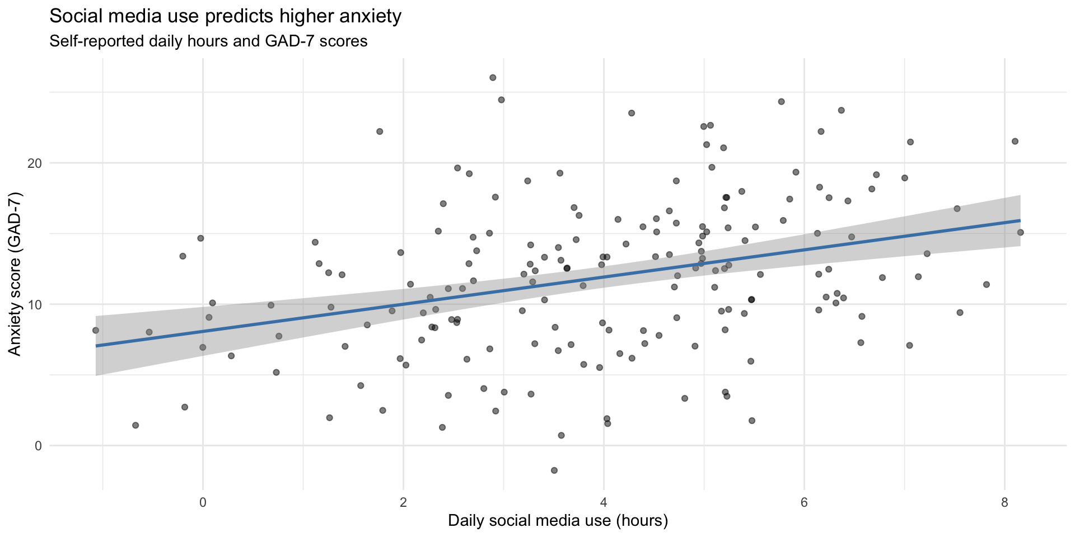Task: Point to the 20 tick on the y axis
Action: pyautogui.click(x=34, y=163)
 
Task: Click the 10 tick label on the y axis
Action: pyautogui.click(x=34, y=305)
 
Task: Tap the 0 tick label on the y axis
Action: pyautogui.click(x=38, y=446)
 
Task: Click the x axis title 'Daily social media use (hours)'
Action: pyautogui.click(x=558, y=521)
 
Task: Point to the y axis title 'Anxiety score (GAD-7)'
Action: pyautogui.click(x=15, y=273)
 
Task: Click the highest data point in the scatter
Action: pyautogui.click(x=493, y=78)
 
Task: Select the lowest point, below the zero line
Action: pyautogui.click(x=554, y=470)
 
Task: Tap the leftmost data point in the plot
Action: pyautogui.click(x=96, y=331)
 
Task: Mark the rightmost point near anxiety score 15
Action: pyautogui.click(x=1020, y=232)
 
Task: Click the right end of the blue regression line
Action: pyautogui.click(x=1020, y=220)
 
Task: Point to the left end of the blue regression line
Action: pyautogui.click(x=96, y=346)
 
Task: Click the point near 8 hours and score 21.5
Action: pyautogui.click(x=1015, y=142)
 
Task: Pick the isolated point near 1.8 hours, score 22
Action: pyautogui.click(x=380, y=131)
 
